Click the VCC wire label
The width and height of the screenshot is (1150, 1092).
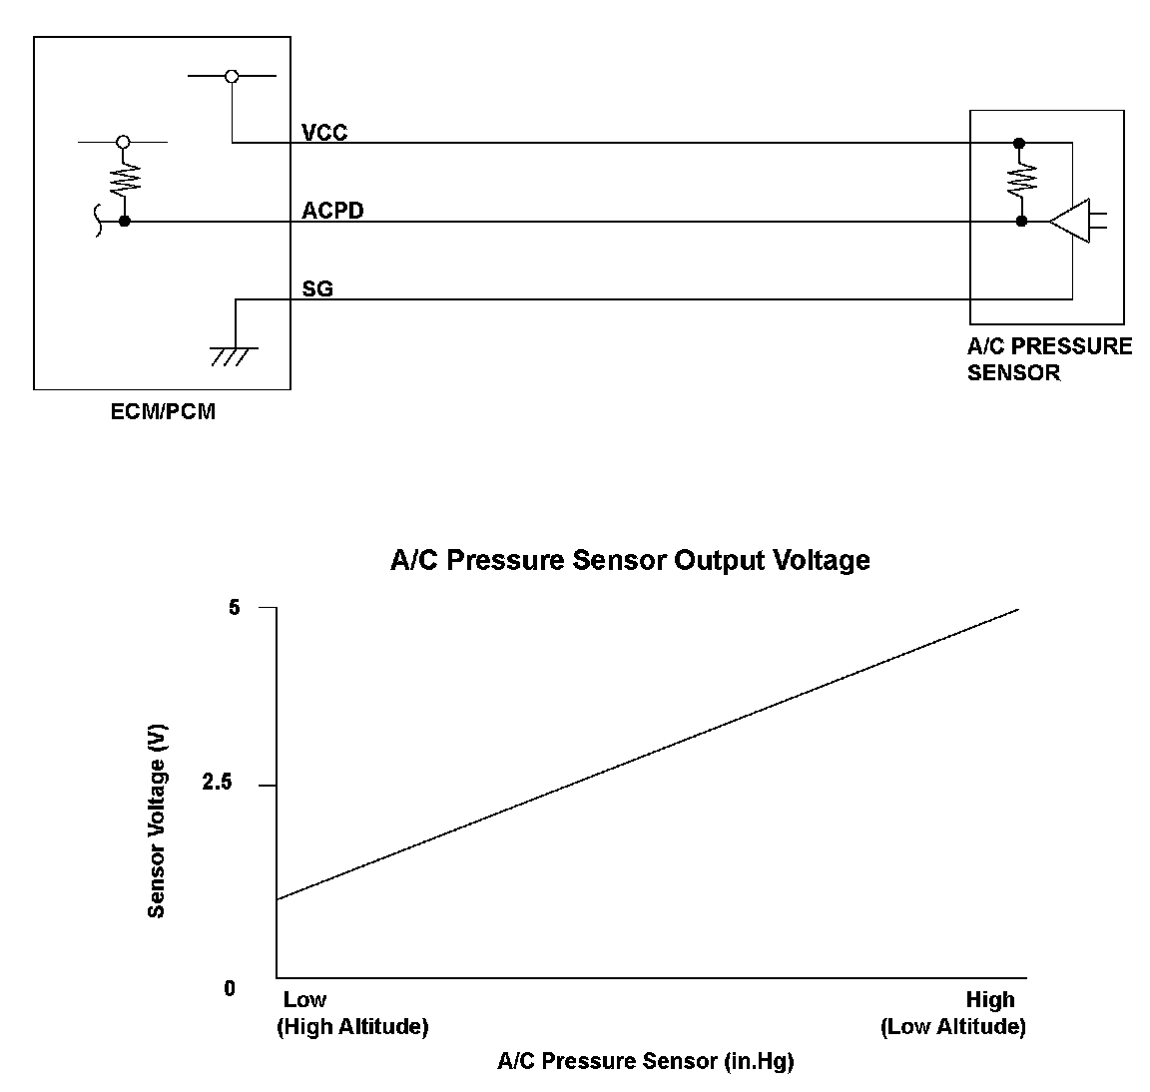click(x=324, y=133)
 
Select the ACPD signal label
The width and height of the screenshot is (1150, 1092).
click(x=332, y=212)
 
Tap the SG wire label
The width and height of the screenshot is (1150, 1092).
click(x=317, y=289)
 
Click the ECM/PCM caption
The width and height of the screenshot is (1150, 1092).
click(x=163, y=411)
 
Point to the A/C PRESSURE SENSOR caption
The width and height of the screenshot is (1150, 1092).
click(x=1049, y=359)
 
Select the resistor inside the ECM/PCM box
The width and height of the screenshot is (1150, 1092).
click(x=124, y=179)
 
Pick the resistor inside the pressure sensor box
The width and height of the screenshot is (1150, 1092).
click(x=1020, y=181)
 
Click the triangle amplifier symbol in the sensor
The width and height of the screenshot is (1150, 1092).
click(x=1070, y=221)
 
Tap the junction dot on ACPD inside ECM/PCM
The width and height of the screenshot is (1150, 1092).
click(x=124, y=221)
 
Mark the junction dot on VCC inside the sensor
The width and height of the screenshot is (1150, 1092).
click(x=1019, y=143)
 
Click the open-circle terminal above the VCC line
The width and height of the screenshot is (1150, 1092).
click(x=232, y=76)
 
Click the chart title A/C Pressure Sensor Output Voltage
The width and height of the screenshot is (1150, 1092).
click(x=630, y=560)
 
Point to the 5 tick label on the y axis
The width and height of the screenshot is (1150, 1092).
click(x=235, y=607)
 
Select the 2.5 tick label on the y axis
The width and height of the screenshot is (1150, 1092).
click(x=217, y=784)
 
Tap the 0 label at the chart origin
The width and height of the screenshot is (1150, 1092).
click(x=230, y=988)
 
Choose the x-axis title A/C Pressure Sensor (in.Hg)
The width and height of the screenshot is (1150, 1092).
click(x=645, y=1061)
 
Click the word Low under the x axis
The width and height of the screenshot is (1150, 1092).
click(x=304, y=999)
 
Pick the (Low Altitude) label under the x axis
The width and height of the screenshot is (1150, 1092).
click(x=952, y=1026)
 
